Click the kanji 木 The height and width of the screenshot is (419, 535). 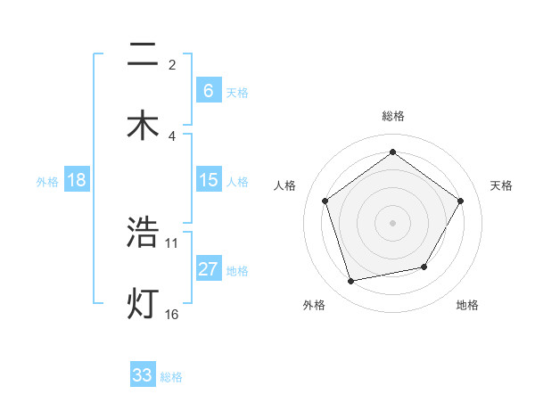point(143,124)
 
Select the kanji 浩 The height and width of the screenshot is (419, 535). point(143,234)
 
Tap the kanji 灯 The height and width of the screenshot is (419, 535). point(143,303)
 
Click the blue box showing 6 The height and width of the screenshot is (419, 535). point(208,90)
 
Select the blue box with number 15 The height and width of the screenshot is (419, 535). point(208,180)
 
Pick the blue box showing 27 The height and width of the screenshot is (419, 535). point(208,269)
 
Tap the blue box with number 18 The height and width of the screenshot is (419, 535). point(77,180)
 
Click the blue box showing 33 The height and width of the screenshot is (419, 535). point(143,375)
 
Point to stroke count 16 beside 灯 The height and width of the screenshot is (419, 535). point(172,314)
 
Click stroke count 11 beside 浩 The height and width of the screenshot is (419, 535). point(172,242)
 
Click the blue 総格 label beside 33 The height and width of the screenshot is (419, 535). point(171,376)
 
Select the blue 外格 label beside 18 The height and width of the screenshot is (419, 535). point(47,181)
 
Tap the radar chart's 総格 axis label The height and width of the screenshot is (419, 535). point(392,116)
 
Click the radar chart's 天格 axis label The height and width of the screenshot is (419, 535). point(502,185)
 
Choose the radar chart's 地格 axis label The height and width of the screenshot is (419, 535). point(467,305)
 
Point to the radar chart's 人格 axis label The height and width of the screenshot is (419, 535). point(284,185)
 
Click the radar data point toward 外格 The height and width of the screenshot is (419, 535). point(351,282)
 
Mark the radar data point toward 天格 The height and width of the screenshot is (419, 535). point(460,201)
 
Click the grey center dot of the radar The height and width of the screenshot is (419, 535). point(392,222)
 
